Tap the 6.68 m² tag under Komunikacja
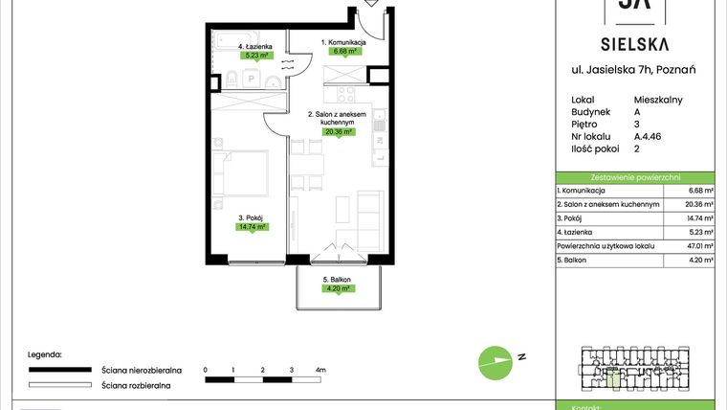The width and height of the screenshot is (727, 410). (x=342, y=52)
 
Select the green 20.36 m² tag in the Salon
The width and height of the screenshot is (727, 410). (x=340, y=132)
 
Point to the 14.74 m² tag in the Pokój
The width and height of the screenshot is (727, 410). (x=253, y=227)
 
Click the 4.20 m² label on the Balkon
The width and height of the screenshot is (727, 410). (x=338, y=287)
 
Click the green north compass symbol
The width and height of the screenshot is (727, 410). (x=495, y=361)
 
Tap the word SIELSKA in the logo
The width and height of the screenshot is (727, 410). (x=634, y=43)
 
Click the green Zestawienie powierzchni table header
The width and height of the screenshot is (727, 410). (x=635, y=177)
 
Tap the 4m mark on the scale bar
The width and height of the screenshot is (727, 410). (x=320, y=369)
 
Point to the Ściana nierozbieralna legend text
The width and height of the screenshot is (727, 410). (x=137, y=369)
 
